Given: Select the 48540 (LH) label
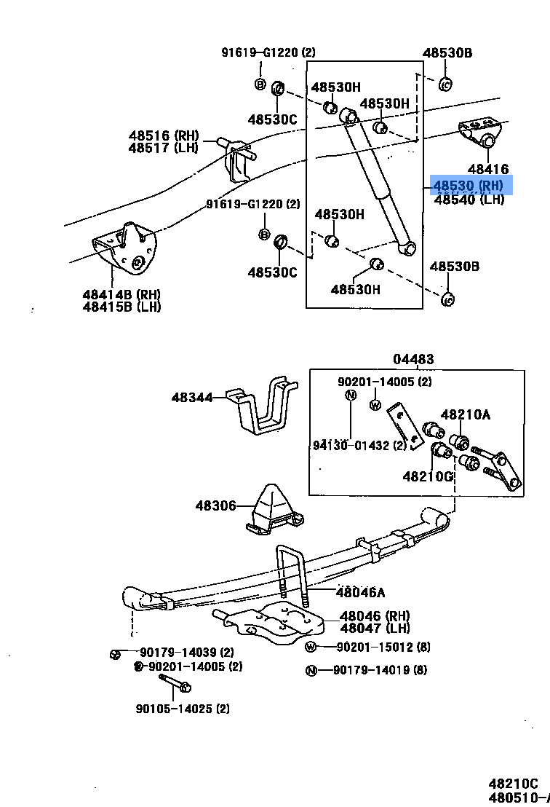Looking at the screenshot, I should pos(469,200).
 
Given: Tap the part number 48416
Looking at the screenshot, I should pos(488,169).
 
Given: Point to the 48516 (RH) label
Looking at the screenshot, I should pos(164,135).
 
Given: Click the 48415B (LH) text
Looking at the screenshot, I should pos(121,307).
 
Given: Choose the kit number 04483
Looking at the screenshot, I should pos(413,359).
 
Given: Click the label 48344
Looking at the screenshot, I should pos(192,398).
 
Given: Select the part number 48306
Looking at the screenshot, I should pos(215,505).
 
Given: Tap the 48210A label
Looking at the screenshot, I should pos(466,415).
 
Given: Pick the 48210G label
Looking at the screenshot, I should pos(428,476).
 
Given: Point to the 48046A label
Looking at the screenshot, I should pos(361,592).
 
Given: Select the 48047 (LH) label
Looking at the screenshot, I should pos(375,629).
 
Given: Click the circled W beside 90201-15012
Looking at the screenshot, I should pos(311,647).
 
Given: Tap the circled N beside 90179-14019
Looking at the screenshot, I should pos(311,671).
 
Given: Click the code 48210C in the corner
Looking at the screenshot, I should pos(513,784).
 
